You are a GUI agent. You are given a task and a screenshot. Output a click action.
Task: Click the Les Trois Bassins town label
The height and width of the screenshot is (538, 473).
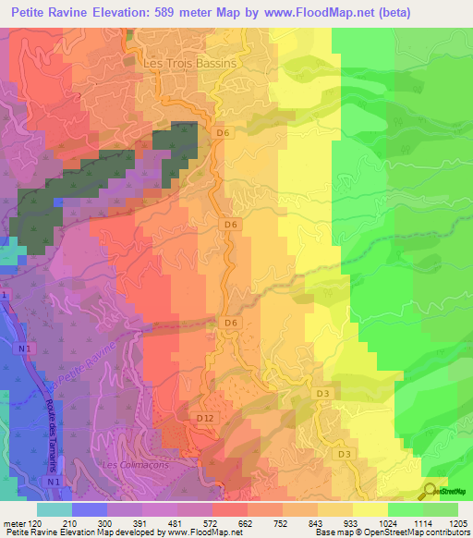pyautogui.click(x=190, y=64)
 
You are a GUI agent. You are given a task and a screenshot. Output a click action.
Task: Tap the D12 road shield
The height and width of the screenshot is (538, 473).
pyautogui.click(x=206, y=419)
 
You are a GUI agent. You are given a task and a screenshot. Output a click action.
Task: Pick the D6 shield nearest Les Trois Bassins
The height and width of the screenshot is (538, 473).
pyautogui.click(x=222, y=133)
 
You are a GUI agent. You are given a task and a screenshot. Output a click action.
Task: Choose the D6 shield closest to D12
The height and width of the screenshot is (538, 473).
pyautogui.click(x=231, y=323)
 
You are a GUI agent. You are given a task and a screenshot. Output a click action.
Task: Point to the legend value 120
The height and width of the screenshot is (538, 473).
pyautogui.click(x=36, y=523)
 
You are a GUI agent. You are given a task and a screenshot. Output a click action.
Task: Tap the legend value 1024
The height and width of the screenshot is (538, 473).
pyautogui.click(x=371, y=523)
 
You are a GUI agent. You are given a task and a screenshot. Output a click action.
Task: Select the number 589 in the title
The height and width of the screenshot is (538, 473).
pyautogui.click(x=184, y=14)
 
